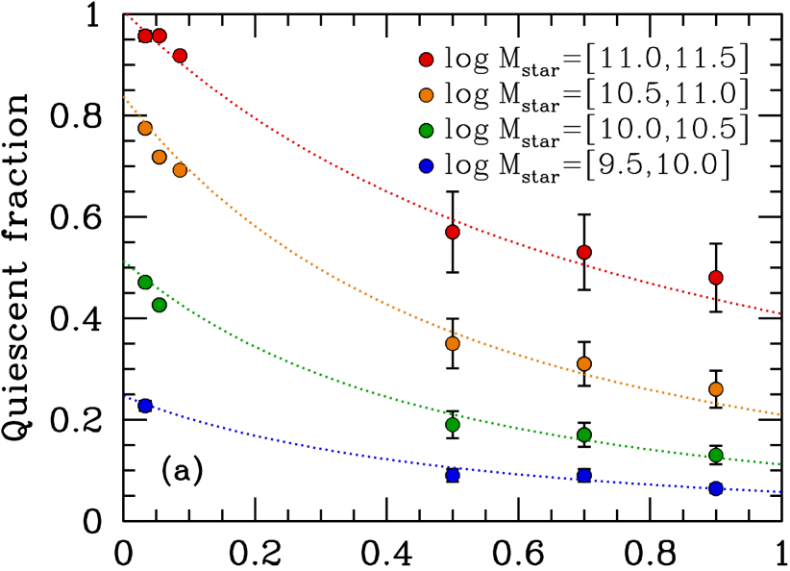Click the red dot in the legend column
pos(426,60)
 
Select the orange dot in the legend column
pos(426,95)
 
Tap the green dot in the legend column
pos(426,131)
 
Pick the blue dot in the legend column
pos(426,166)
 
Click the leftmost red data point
pos(145,37)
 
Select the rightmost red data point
pos(716,278)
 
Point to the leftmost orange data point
pos(145,128)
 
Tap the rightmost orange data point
pos(716,389)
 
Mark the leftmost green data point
pos(145,283)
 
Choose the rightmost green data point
pos(716,456)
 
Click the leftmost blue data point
pos(145,406)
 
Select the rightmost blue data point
pos(716,488)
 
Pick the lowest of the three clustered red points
pos(180,56)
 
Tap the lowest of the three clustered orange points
pos(180,170)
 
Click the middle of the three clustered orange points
pos(160,157)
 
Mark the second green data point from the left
pos(160,305)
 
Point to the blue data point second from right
pos(584,476)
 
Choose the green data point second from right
pos(584,434)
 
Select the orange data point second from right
pos(584,364)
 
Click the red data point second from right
pos(584,253)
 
